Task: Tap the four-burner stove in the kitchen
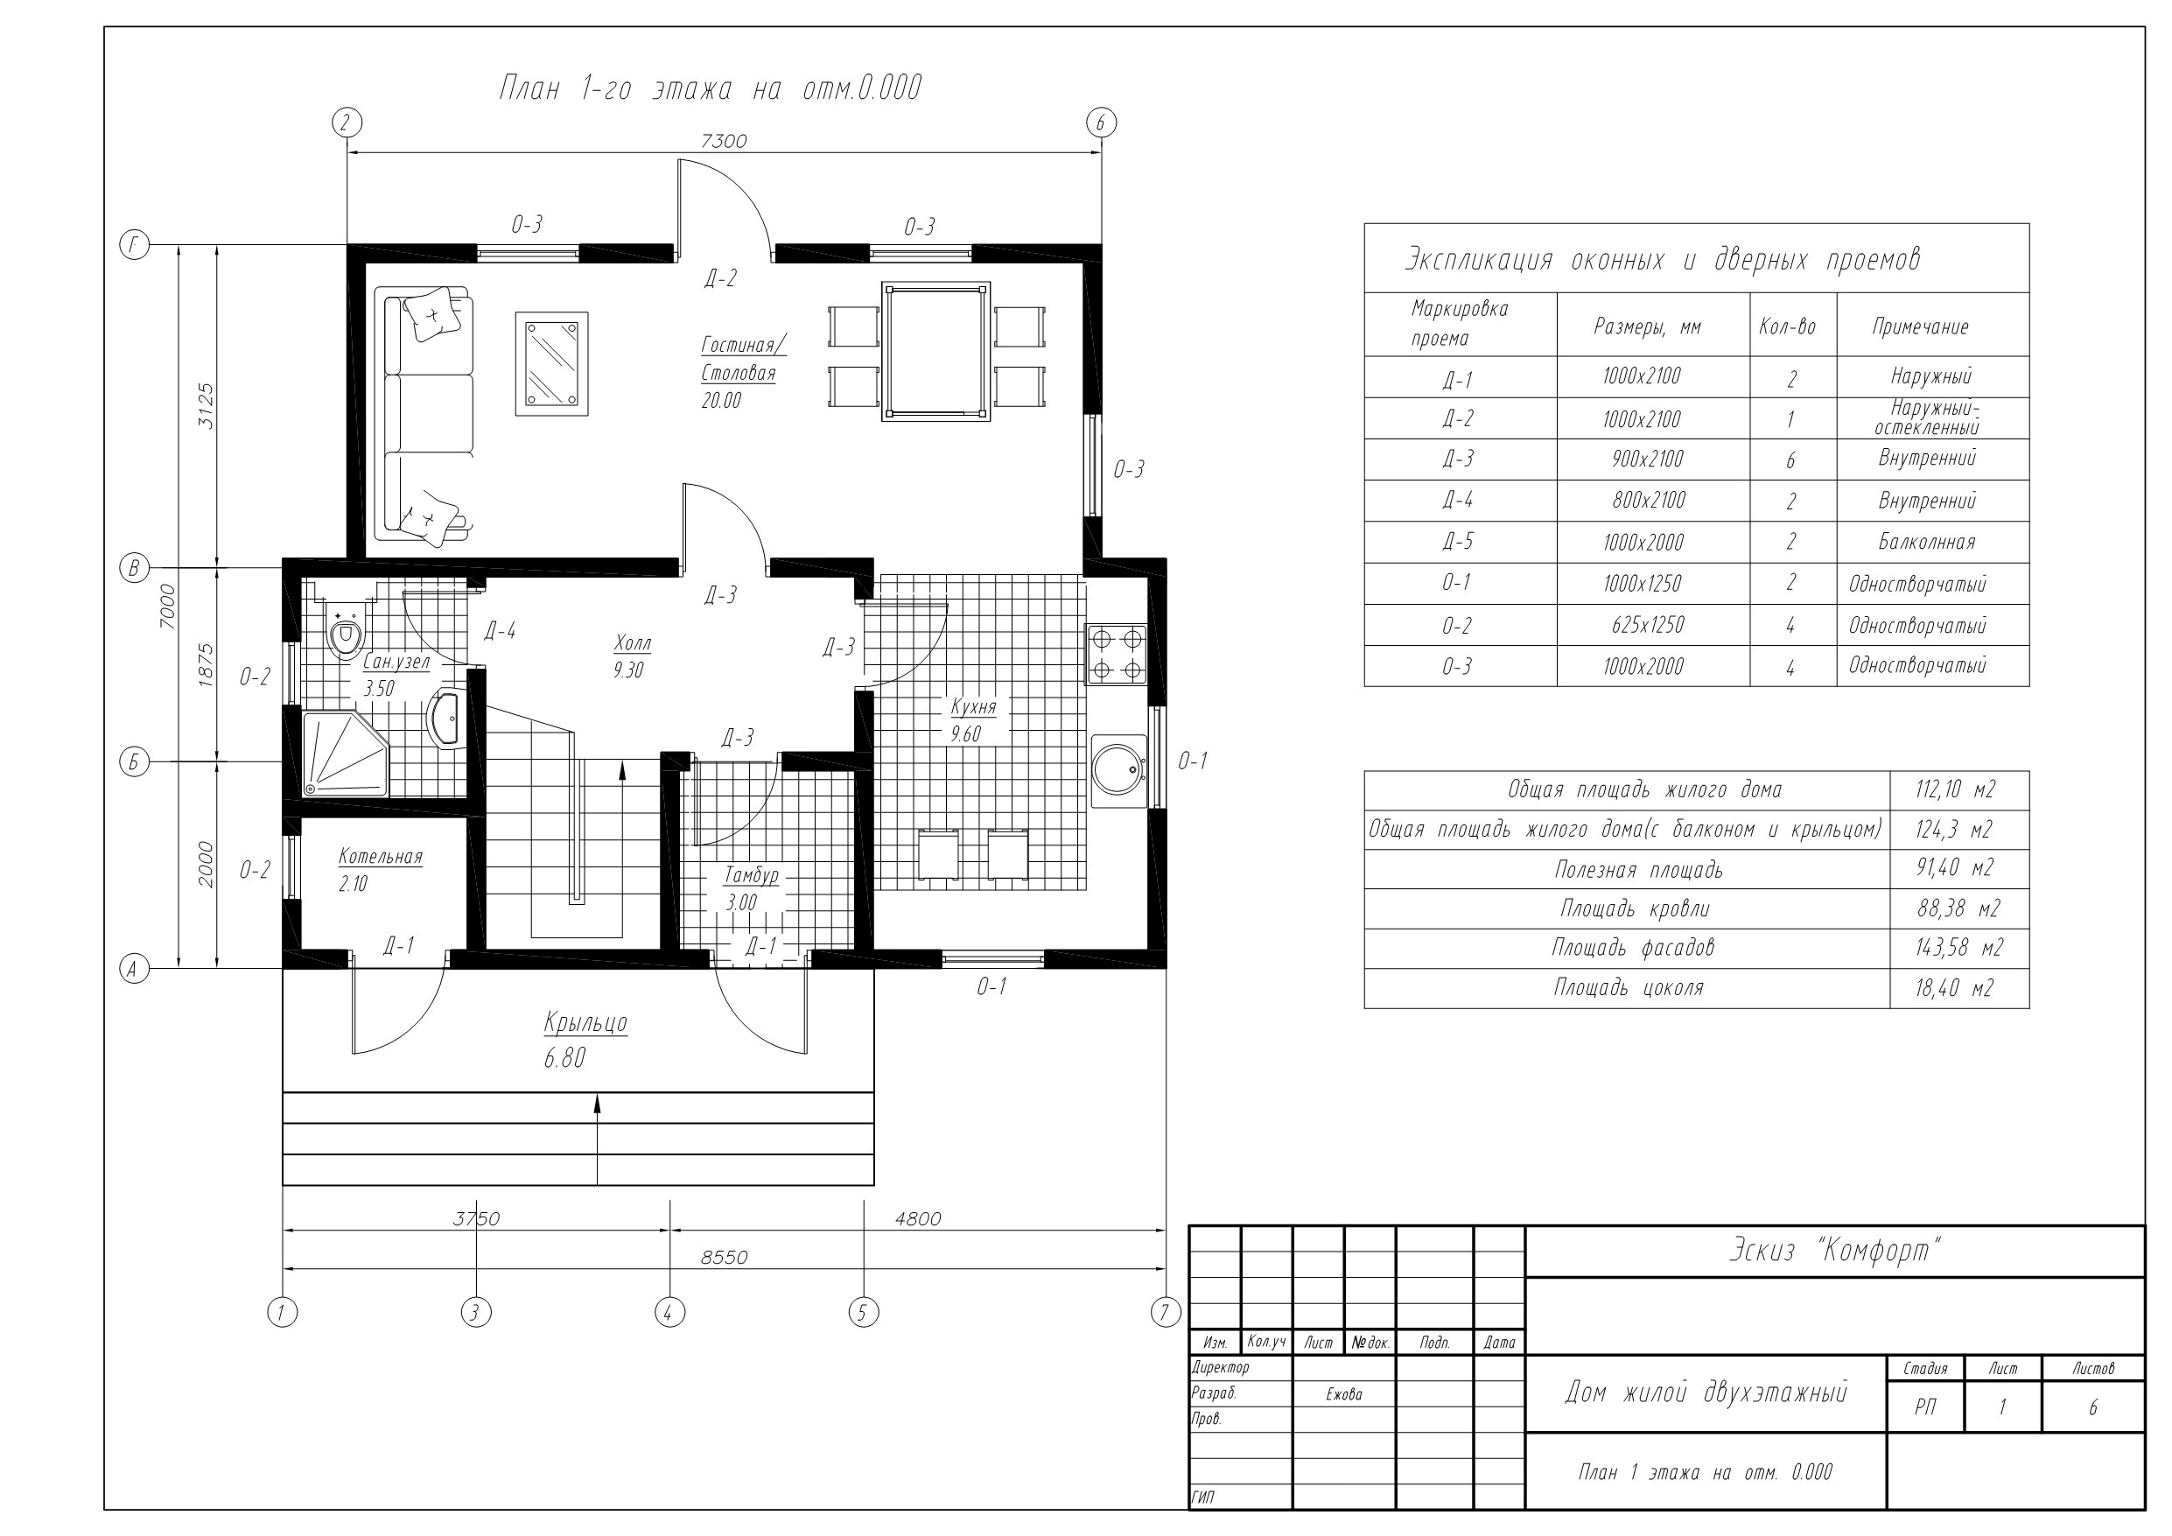[x=1117, y=654]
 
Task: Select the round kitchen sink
[x=1119, y=769]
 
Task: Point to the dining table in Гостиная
[x=935, y=351]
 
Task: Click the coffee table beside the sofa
[x=551, y=363]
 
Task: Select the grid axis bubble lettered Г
[x=135, y=245]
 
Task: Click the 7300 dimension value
[x=724, y=141]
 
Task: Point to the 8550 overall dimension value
[x=724, y=1257]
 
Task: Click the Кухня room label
[x=972, y=707]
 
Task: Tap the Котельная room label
[x=381, y=857]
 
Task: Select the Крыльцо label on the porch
[x=585, y=1023]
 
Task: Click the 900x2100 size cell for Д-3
[x=1648, y=459]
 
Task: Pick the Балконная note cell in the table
[x=1926, y=543]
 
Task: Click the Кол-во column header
[x=1787, y=326]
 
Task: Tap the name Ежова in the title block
[x=1343, y=1394]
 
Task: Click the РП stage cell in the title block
[x=1925, y=1407]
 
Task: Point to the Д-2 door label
[x=720, y=278]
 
